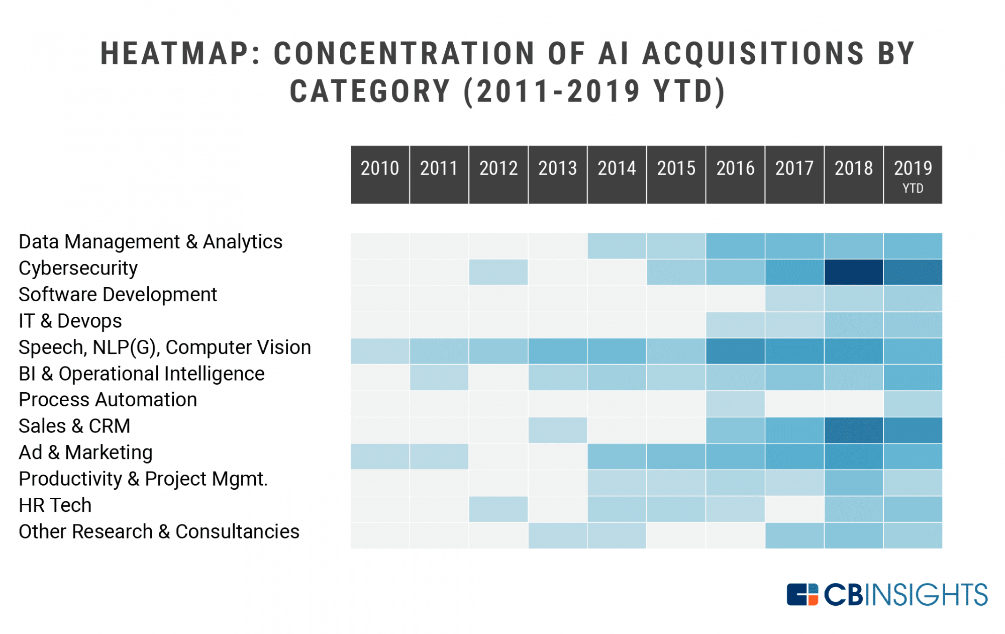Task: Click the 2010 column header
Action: pos(380,174)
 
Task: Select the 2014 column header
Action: pos(617,174)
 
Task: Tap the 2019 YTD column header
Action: pos(913,174)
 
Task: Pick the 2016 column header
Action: pos(735,174)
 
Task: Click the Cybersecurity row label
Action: pos(78,268)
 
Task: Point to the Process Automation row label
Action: pos(108,400)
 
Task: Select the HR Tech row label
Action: pos(55,505)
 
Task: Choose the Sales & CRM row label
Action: pos(74,426)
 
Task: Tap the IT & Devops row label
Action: pos(70,321)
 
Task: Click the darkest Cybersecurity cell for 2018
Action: pos(853,272)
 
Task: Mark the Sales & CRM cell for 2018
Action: pos(853,430)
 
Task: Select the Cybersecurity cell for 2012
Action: pos(498,272)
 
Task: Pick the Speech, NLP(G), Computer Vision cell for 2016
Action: pos(735,351)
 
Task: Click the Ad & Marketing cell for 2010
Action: pos(380,456)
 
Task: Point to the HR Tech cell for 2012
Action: pos(498,509)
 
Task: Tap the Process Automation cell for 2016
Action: pos(735,404)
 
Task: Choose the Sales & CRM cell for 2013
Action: pos(558,430)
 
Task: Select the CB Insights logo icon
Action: pos(802,594)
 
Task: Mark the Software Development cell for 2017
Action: pos(794,298)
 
